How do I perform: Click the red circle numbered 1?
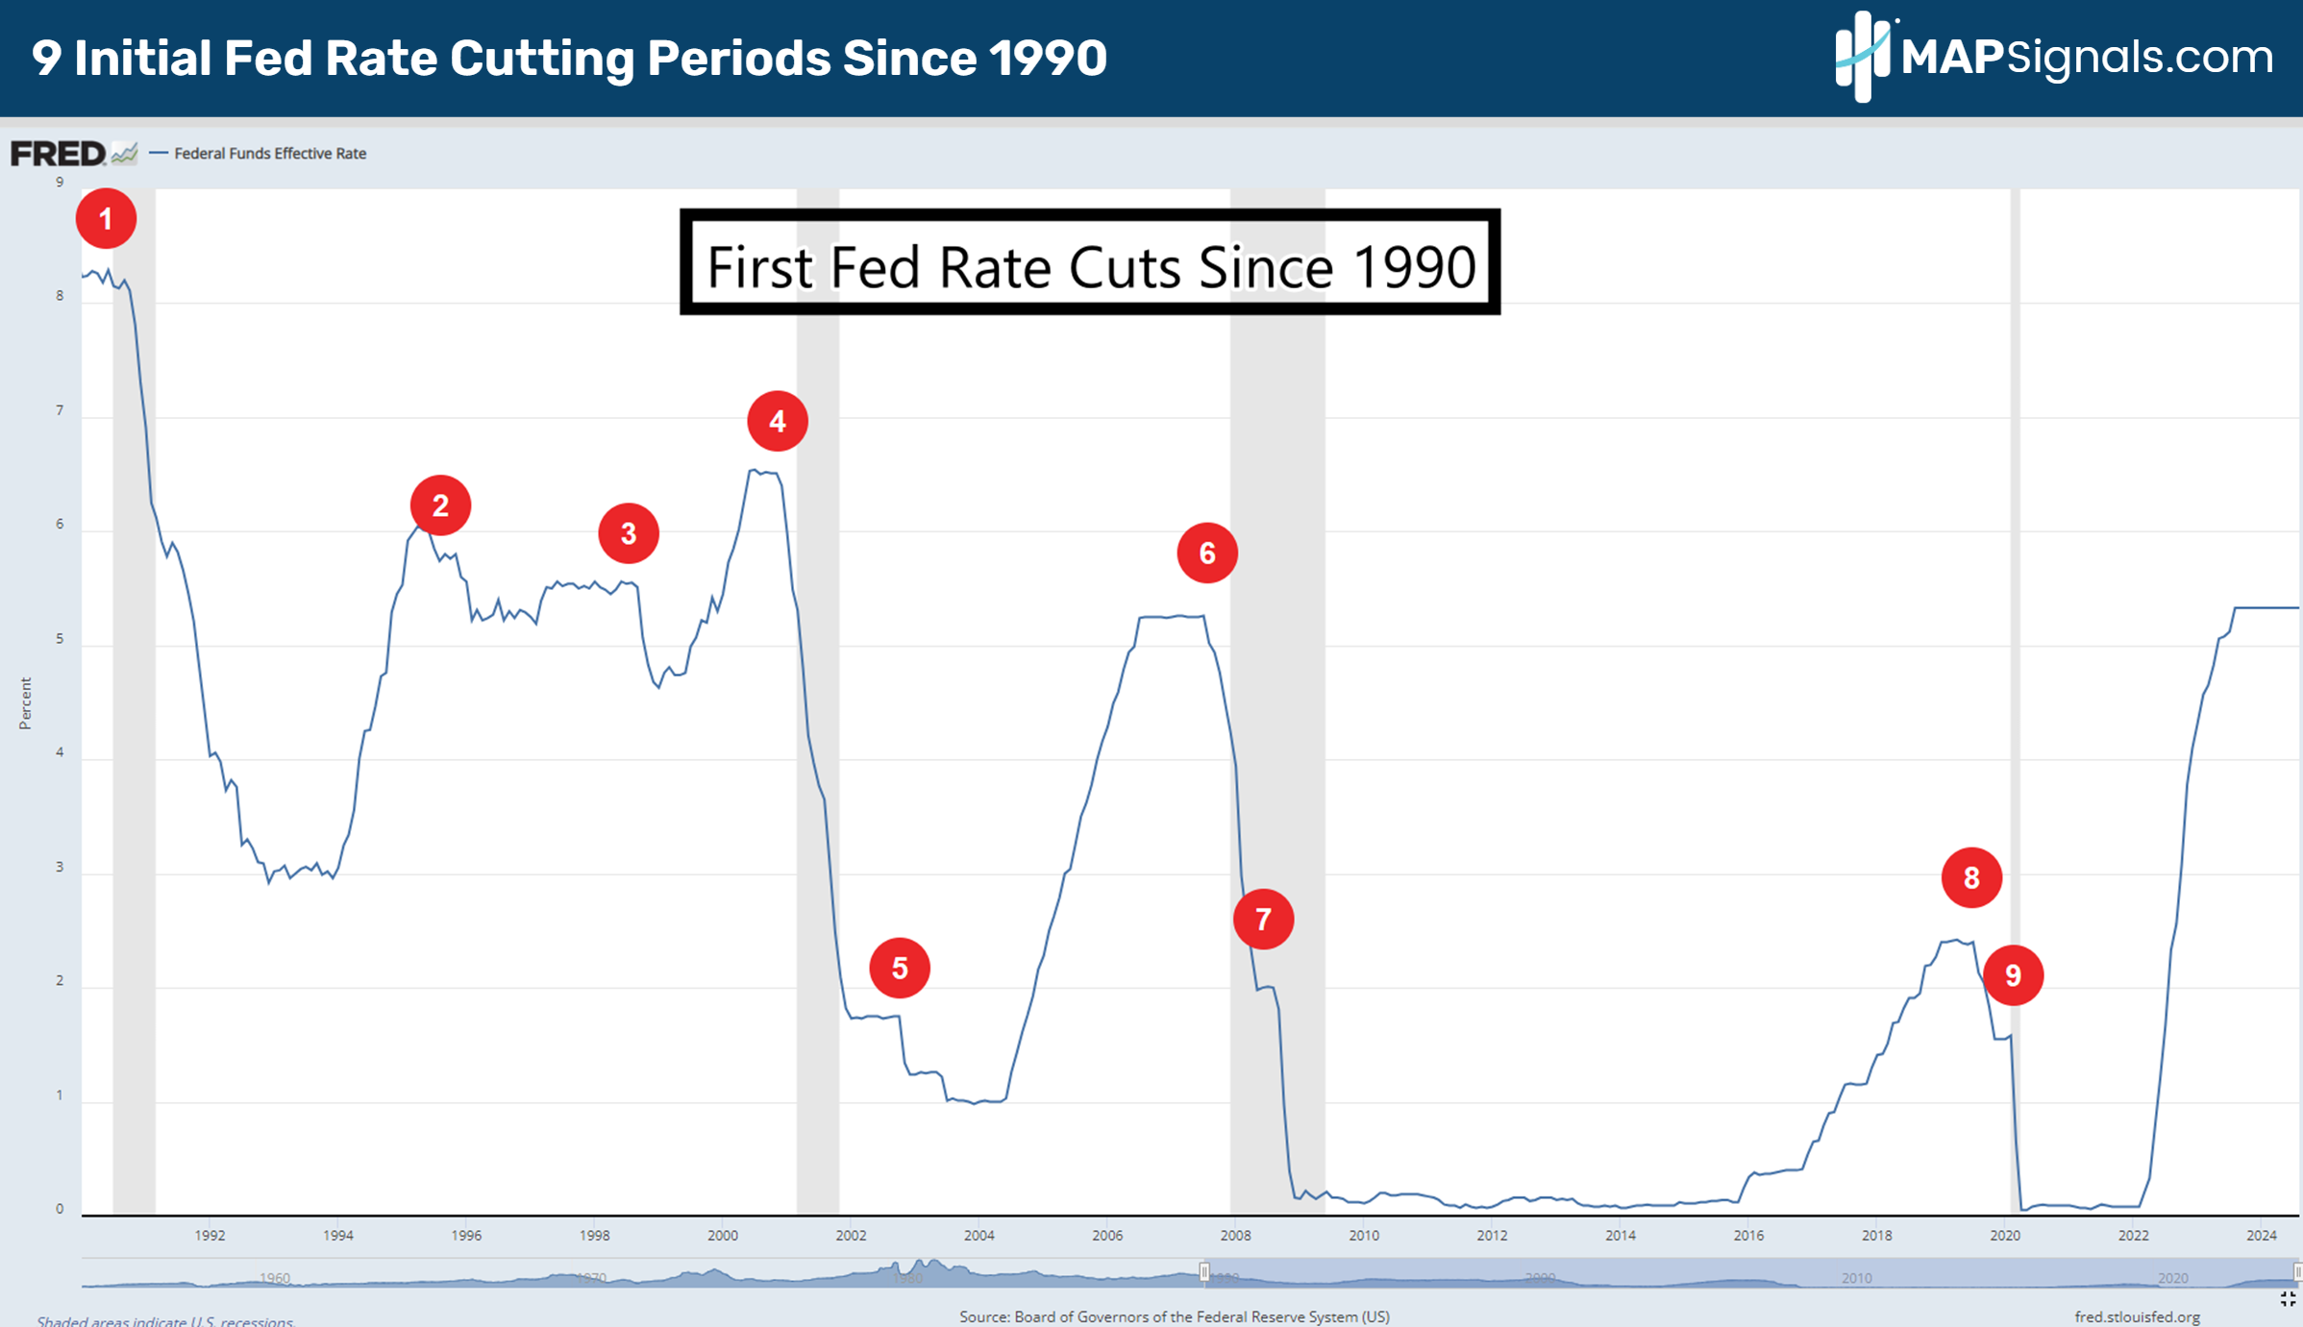click(106, 219)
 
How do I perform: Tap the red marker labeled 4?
click(778, 421)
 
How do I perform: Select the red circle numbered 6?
click(1207, 553)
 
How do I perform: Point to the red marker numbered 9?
click(2013, 975)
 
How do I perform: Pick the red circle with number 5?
click(900, 968)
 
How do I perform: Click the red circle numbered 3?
click(629, 533)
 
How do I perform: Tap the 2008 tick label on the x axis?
click(1235, 1236)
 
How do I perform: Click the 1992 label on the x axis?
click(210, 1236)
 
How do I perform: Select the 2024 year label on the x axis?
click(2261, 1236)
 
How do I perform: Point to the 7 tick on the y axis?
click(60, 410)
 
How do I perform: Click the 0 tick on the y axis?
click(60, 1209)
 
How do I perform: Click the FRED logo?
click(58, 153)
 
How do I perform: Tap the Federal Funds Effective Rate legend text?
click(270, 154)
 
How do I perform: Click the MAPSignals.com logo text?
click(2086, 58)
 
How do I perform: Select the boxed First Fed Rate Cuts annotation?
click(1090, 261)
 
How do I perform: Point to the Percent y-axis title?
click(25, 703)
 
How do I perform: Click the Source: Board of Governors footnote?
click(1174, 1316)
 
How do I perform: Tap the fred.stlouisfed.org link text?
click(2137, 1316)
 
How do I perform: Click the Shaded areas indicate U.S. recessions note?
click(164, 1321)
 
